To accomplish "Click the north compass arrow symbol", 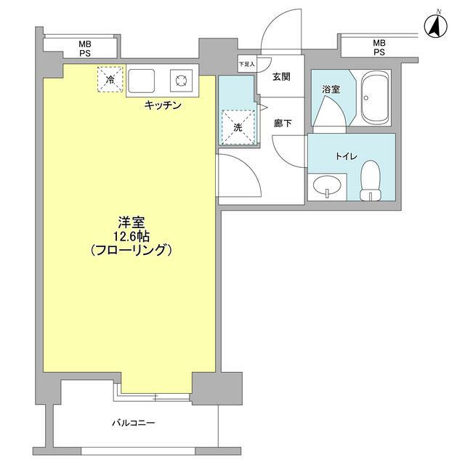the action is click(x=435, y=25).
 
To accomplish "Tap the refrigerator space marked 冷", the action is click(x=110, y=79).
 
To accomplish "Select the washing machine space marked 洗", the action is click(x=238, y=127).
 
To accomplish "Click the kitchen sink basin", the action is click(x=141, y=81).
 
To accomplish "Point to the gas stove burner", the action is click(x=181, y=81).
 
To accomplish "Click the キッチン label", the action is click(x=163, y=105).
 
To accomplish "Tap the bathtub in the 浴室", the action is click(x=375, y=97).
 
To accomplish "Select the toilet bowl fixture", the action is click(x=371, y=180).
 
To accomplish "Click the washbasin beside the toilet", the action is click(x=327, y=186).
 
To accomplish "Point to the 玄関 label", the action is click(x=281, y=77).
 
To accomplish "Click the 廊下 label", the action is click(x=283, y=124).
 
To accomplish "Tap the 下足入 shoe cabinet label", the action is click(x=247, y=64).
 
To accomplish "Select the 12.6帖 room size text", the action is click(x=132, y=236).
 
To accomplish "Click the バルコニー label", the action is click(x=133, y=422).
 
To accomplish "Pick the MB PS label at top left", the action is click(x=85, y=49).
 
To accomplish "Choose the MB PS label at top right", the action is click(x=379, y=47).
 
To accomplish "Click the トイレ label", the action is click(x=347, y=156).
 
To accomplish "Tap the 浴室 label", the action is click(x=331, y=89).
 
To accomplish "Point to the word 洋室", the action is click(x=132, y=222).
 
